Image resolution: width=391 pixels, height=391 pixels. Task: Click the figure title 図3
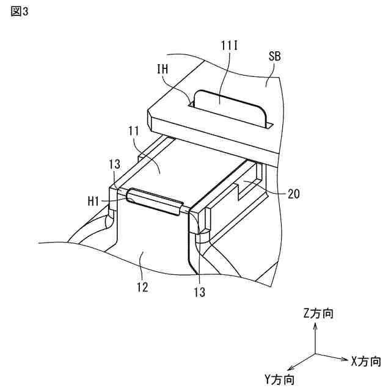pyautogui.click(x=20, y=13)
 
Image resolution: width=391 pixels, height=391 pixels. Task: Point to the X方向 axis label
pyautogui.click(x=367, y=360)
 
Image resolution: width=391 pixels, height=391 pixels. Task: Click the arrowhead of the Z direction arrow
pyautogui.click(x=315, y=327)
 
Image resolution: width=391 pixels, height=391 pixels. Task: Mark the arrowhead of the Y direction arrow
pyautogui.click(x=289, y=368)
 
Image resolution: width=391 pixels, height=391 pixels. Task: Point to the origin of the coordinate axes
pyautogui.click(x=315, y=354)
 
